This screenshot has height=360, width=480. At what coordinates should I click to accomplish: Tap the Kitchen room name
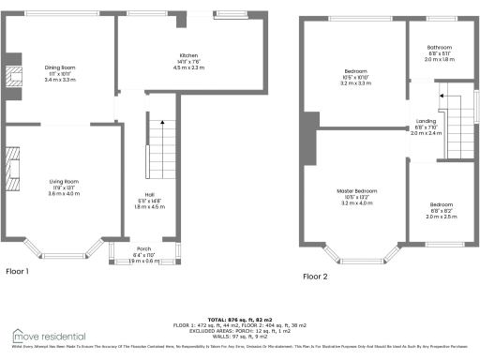point(176,55)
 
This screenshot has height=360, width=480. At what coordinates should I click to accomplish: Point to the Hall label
point(137,194)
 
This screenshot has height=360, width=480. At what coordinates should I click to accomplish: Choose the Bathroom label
point(440,47)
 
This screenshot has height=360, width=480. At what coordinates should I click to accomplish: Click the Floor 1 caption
point(18,271)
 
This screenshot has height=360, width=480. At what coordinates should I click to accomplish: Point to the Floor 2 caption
point(315,277)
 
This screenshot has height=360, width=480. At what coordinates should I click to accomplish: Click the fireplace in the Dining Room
point(14,79)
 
